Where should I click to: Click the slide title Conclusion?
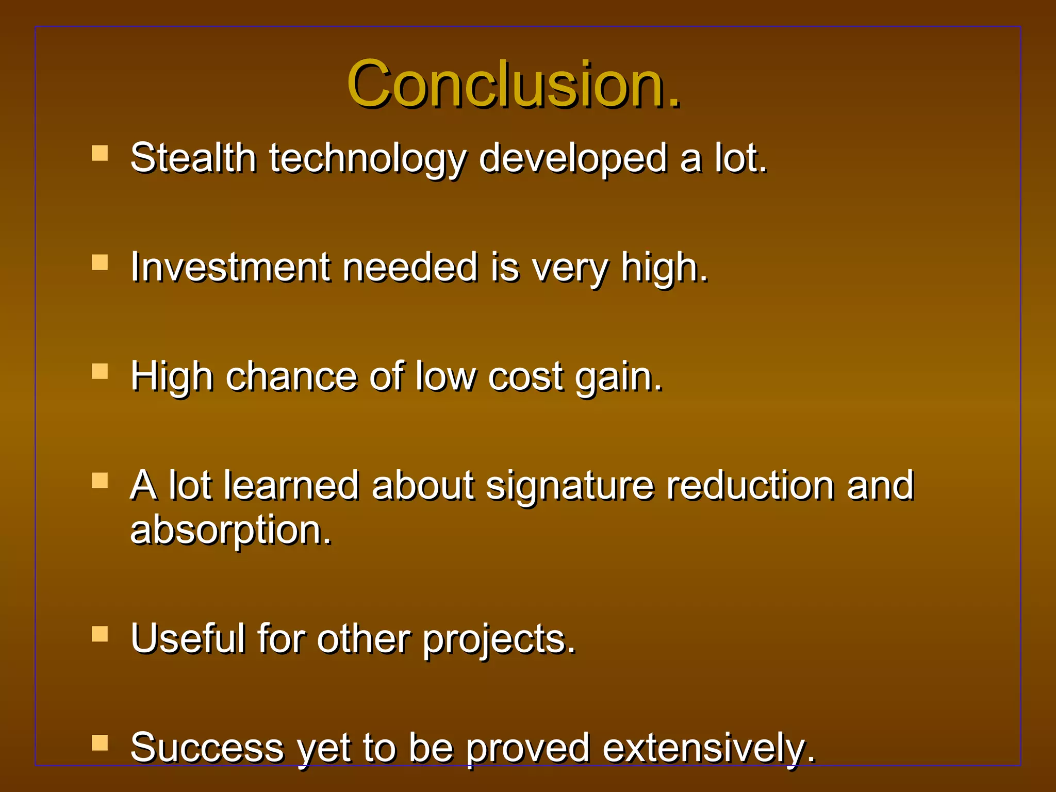pos(514,84)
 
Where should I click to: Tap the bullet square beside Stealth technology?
pos(100,153)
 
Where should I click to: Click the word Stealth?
pos(193,158)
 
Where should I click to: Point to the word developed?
pos(572,159)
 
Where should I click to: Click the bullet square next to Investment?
pos(100,262)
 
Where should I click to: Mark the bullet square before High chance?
pos(100,371)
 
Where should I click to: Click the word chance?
pos(291,376)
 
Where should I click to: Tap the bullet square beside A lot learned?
pos(100,481)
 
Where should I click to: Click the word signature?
pos(570,487)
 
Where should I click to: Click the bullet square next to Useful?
pos(100,634)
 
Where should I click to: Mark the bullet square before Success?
pos(100,742)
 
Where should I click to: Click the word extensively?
pos(708,749)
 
